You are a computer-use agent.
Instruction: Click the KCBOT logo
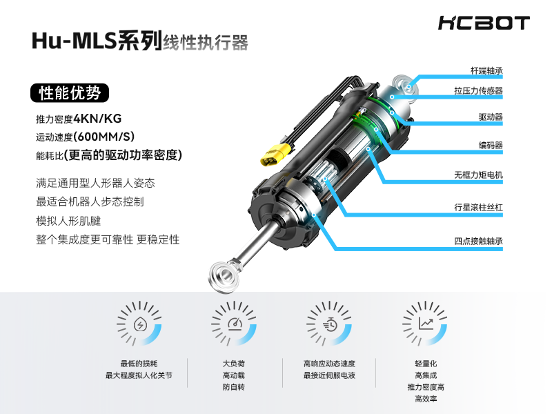483,23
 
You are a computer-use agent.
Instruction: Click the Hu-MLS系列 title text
96,41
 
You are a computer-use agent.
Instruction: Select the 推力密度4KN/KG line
79,118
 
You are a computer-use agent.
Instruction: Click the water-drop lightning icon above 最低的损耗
139,324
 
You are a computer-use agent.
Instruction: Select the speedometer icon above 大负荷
234,324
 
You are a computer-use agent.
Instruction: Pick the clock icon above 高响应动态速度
329,324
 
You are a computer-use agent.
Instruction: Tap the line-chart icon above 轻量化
426,324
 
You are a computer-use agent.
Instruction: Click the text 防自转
233,388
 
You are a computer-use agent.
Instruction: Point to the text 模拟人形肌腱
68,221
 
